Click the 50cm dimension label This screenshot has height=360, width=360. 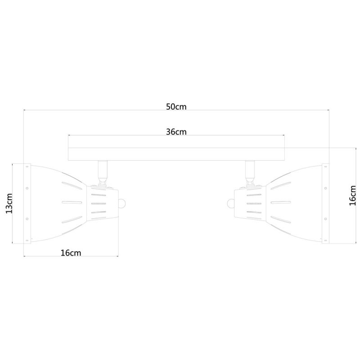coord(176,107)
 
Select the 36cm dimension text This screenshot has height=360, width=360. coord(176,132)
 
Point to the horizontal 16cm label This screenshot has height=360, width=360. coord(71,252)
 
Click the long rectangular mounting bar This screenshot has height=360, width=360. coord(176,154)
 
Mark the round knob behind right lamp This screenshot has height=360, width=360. coord(231,203)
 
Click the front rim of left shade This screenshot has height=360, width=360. coord(27,203)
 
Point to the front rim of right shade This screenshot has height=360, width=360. coord(325,203)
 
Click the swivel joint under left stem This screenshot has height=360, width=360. coord(102,182)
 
